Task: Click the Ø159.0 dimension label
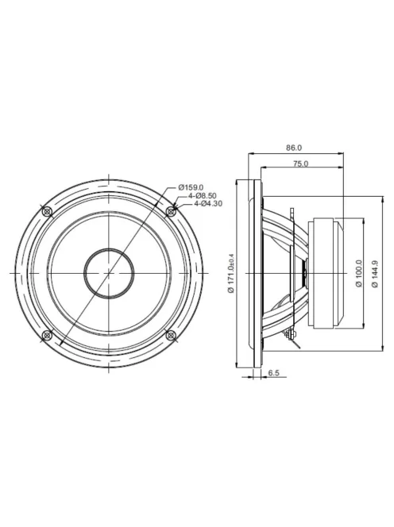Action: point(191,187)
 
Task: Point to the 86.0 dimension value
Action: point(294,148)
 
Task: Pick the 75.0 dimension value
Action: point(300,163)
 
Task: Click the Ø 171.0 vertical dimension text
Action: point(231,273)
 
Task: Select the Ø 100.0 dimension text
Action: point(359,273)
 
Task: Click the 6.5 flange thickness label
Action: point(273,373)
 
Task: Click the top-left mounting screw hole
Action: point(47,212)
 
